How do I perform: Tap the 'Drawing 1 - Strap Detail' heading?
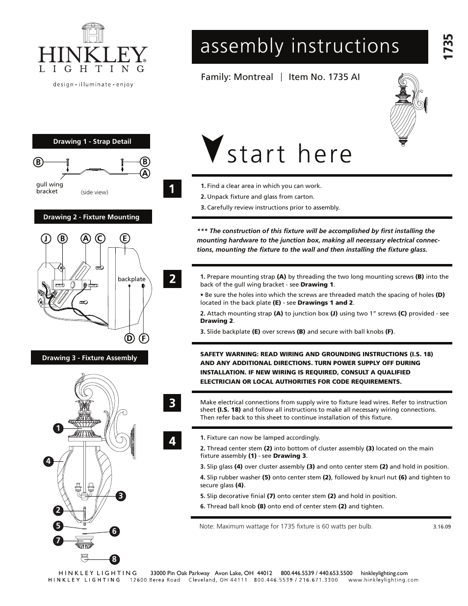92,141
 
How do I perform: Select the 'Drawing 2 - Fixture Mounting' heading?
91,217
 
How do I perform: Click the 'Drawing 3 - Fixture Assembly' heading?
89,358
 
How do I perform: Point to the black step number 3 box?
172,403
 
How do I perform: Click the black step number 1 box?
172,189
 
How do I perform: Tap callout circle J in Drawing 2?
45,238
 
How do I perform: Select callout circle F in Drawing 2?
144,339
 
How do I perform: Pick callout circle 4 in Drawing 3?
48,461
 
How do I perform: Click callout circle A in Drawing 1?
145,173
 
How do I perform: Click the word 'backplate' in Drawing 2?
131,279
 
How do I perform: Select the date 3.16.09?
442,527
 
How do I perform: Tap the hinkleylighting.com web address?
384,573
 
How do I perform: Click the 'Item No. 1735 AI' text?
324,77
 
